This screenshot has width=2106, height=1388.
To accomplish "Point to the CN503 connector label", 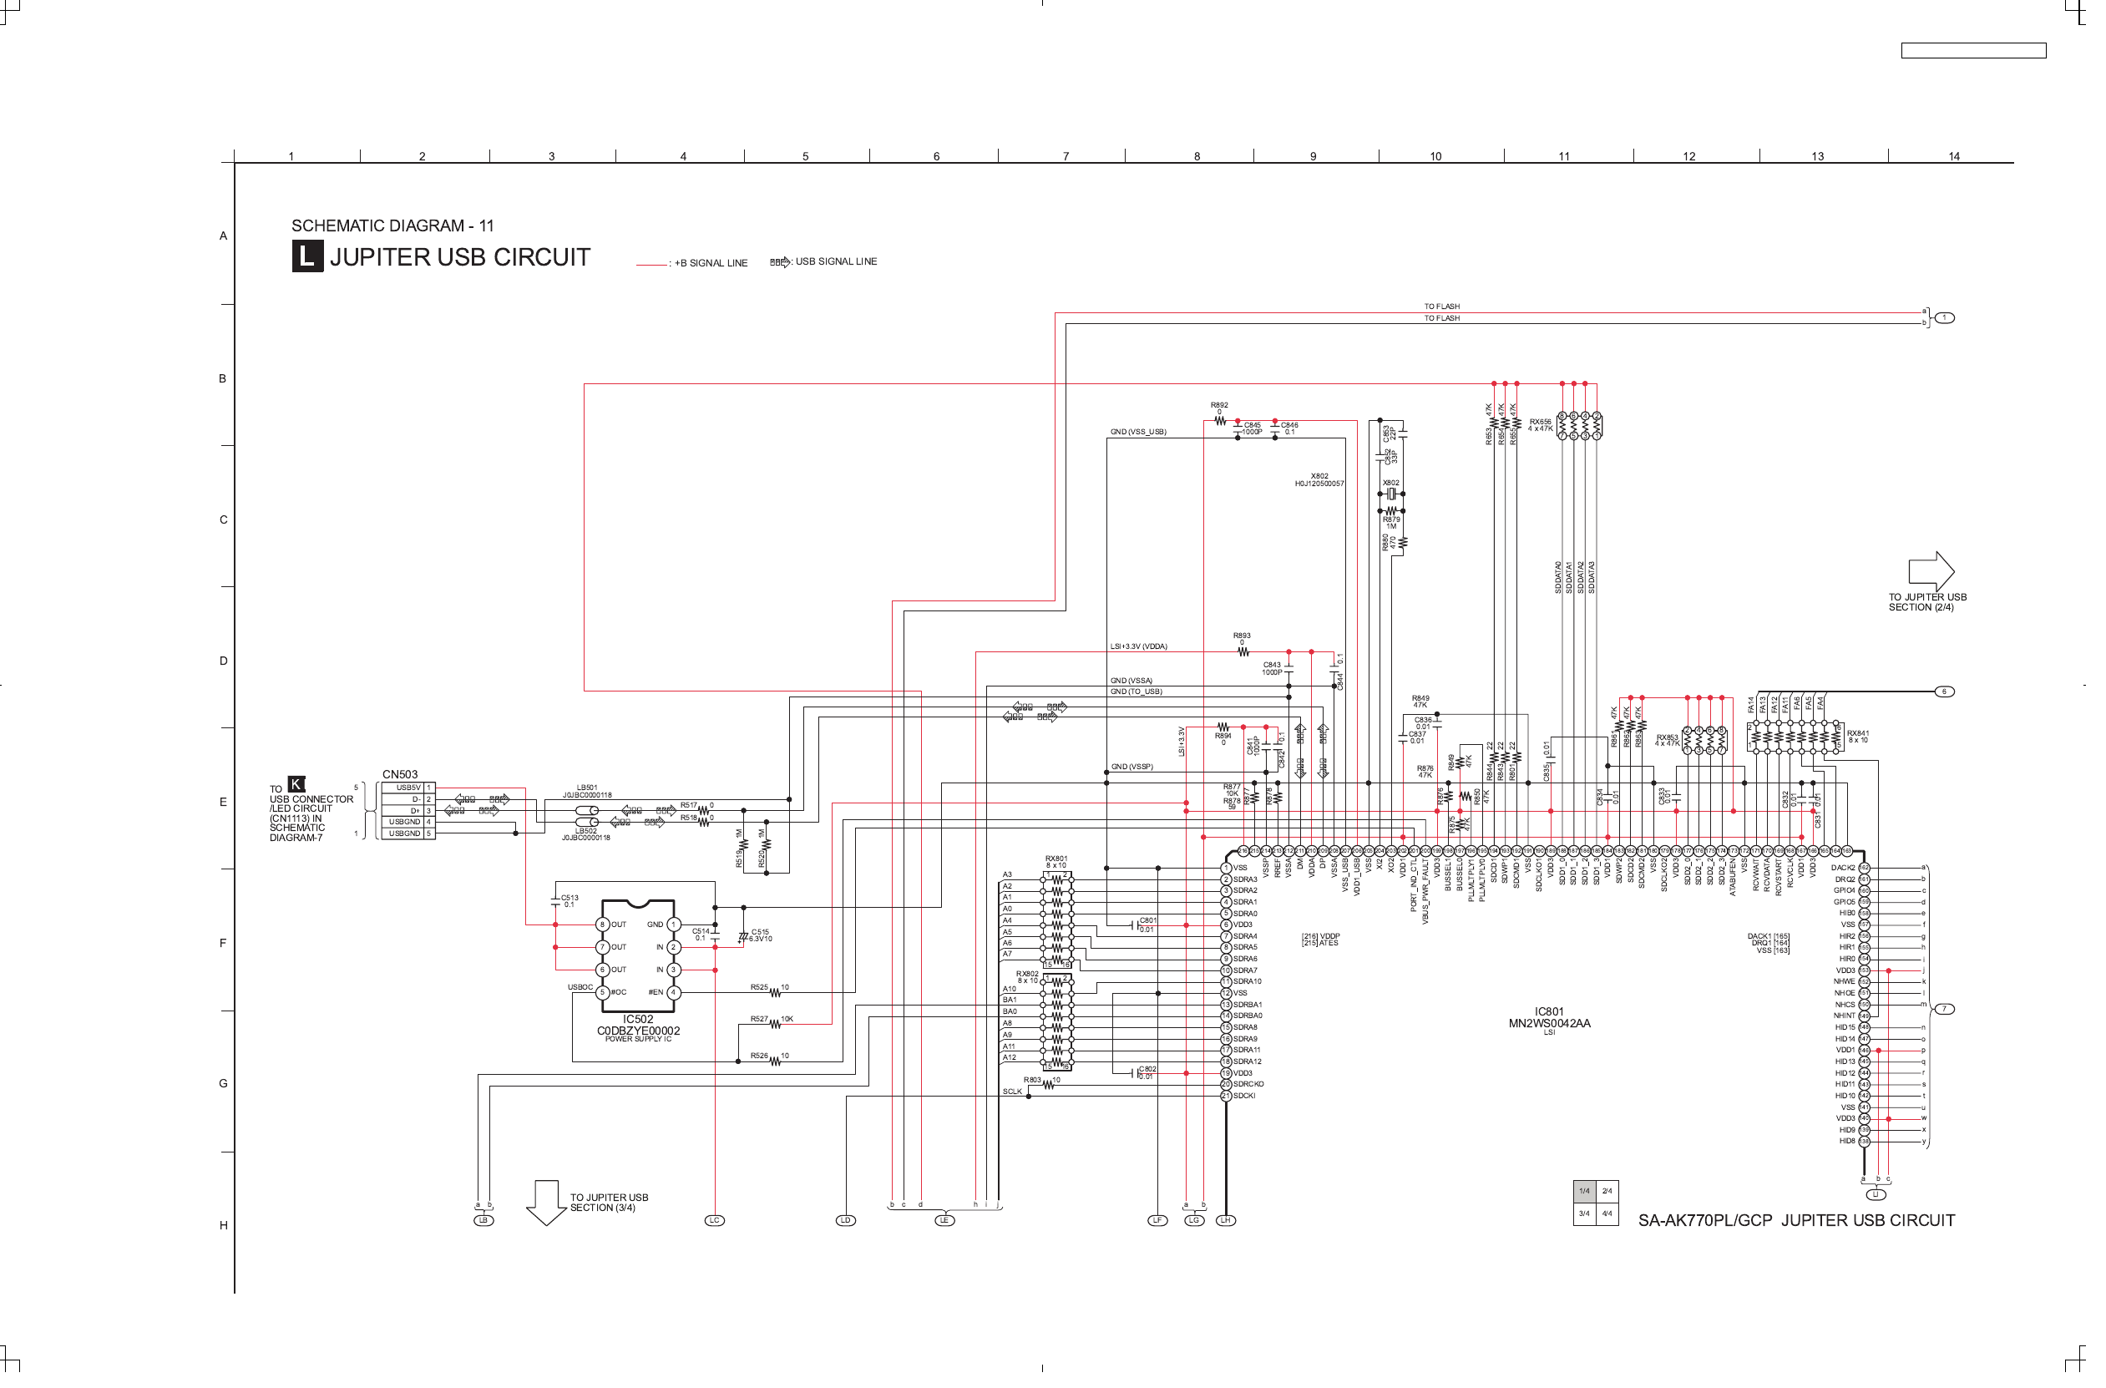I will point(403,782).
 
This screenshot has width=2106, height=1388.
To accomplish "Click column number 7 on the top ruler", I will point(1076,158).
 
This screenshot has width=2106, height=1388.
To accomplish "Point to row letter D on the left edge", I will point(225,666).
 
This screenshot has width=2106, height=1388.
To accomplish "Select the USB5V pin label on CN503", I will point(412,795).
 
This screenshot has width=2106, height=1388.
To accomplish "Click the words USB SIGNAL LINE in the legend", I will point(843,264).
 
